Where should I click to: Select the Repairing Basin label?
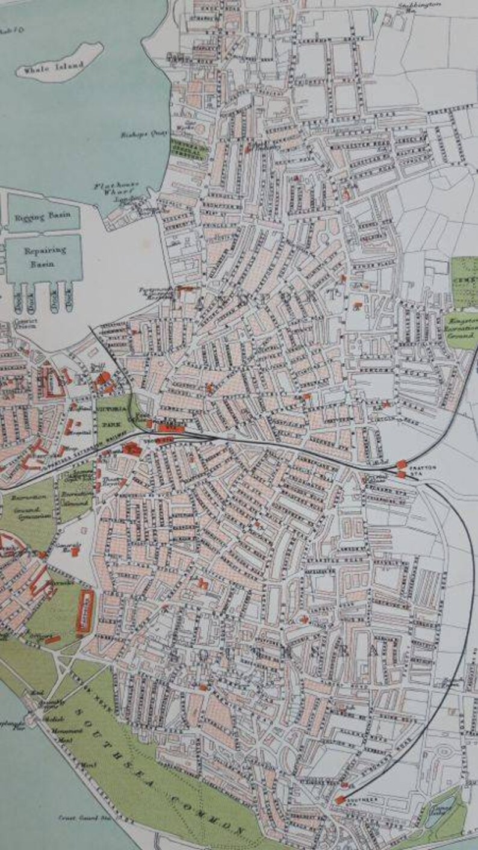(43, 257)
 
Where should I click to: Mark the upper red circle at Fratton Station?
(402, 464)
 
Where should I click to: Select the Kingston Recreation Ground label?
(461, 329)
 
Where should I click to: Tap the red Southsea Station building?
(341, 799)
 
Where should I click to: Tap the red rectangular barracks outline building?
(85, 610)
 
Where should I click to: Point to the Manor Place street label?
(361, 264)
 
